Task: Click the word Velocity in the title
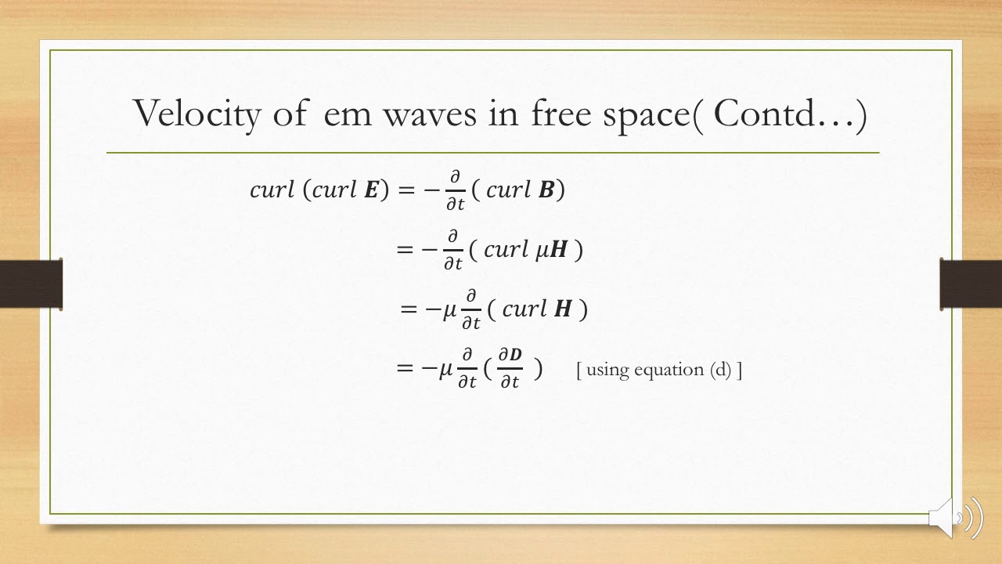coord(196,114)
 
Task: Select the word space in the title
coord(645,114)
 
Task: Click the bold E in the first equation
coord(371,190)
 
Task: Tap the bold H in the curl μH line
coord(558,250)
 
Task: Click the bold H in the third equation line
coord(562,309)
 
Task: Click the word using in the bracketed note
coord(607,370)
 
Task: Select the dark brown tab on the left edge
coord(31,284)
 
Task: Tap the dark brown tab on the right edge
coord(971,284)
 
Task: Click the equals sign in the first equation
coord(407,190)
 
